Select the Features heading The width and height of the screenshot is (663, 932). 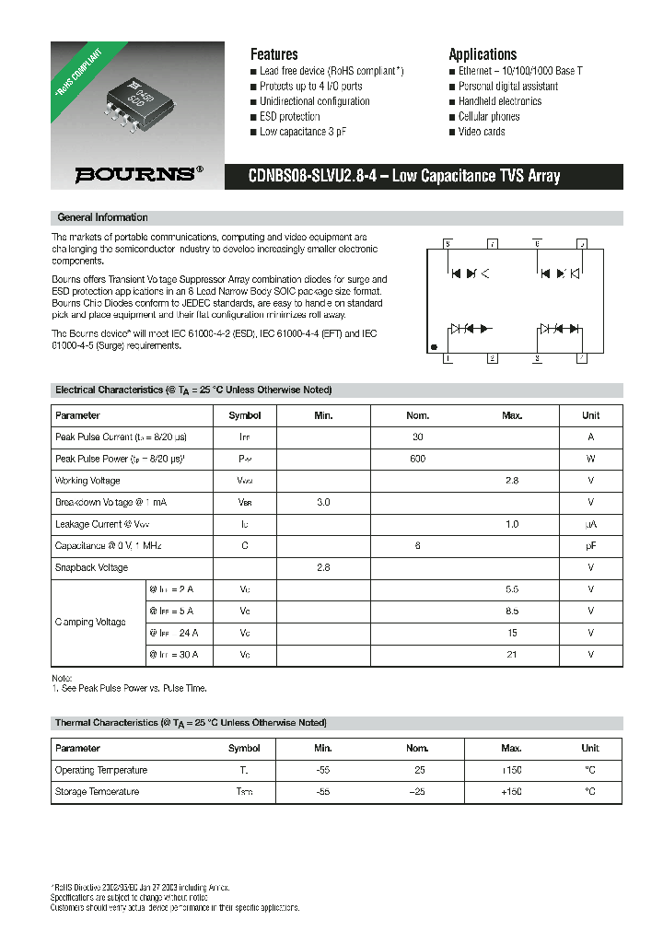point(273,54)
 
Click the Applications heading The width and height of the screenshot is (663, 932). point(483,54)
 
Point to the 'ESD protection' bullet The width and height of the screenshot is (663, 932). point(289,117)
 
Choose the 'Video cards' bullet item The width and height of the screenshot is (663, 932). point(482,132)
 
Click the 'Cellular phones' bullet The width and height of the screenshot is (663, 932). point(489,117)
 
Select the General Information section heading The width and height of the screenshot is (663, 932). point(102,217)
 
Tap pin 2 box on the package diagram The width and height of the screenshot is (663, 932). point(493,358)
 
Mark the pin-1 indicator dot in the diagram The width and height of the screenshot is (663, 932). point(435,348)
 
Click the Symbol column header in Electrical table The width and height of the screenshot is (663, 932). point(245,415)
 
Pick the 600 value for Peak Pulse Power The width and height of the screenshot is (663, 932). point(418,459)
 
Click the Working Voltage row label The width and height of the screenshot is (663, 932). point(87,481)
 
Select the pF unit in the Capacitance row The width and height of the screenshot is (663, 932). point(590,546)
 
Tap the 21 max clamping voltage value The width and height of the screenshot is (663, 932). point(512,655)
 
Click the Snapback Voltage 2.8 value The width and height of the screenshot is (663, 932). point(323,568)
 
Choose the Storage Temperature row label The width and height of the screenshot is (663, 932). point(97,792)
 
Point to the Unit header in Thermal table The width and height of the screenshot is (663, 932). point(590,748)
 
